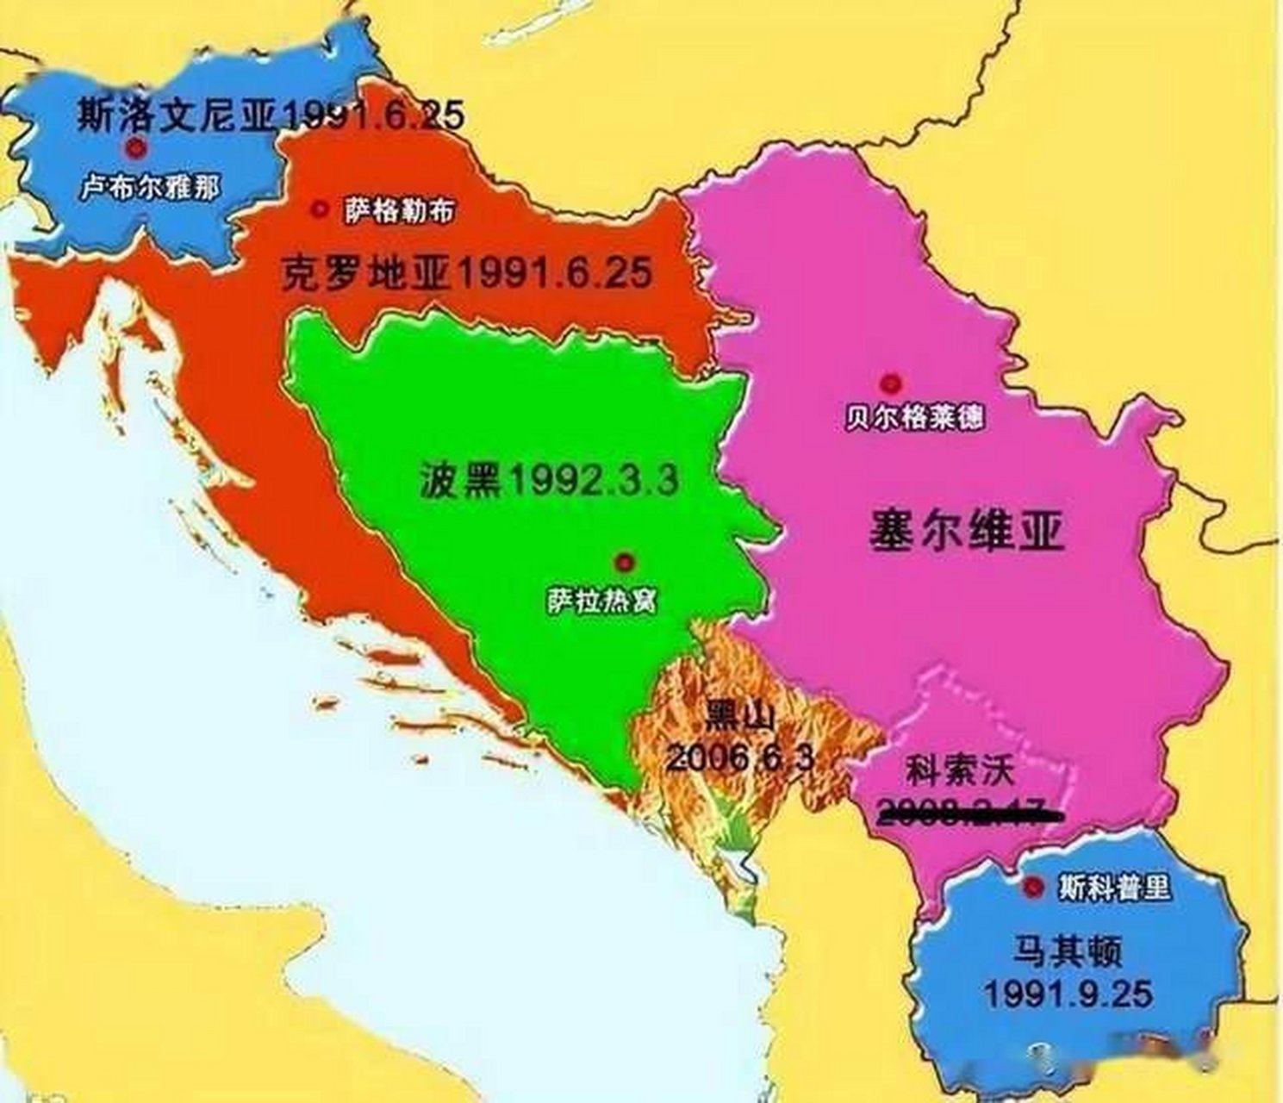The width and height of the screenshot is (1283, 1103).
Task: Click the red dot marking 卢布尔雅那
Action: [135, 149]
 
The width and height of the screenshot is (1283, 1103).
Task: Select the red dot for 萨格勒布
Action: [321, 209]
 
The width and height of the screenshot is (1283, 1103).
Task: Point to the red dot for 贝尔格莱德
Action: [890, 383]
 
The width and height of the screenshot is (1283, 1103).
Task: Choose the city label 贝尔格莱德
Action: [914, 418]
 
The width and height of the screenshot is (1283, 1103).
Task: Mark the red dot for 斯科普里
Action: [1031, 888]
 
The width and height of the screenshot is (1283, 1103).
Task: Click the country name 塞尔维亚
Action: [966, 532]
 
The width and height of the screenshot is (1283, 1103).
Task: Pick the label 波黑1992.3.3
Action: [549, 479]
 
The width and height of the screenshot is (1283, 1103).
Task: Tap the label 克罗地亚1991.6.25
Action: [466, 273]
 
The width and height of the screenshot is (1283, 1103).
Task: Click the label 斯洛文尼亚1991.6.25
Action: [271, 115]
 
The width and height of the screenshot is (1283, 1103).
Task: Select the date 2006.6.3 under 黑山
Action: [739, 757]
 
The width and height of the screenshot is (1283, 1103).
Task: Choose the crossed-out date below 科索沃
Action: [965, 808]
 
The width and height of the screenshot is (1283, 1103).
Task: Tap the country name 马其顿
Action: [1067, 953]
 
